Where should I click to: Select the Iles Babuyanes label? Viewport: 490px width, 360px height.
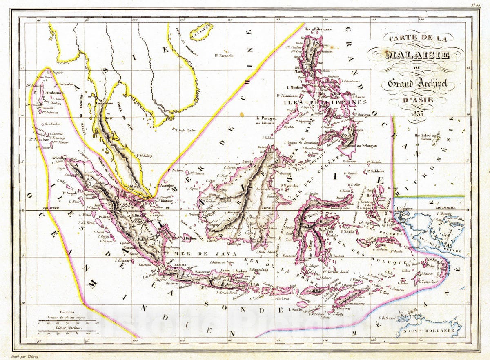point(317,29)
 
